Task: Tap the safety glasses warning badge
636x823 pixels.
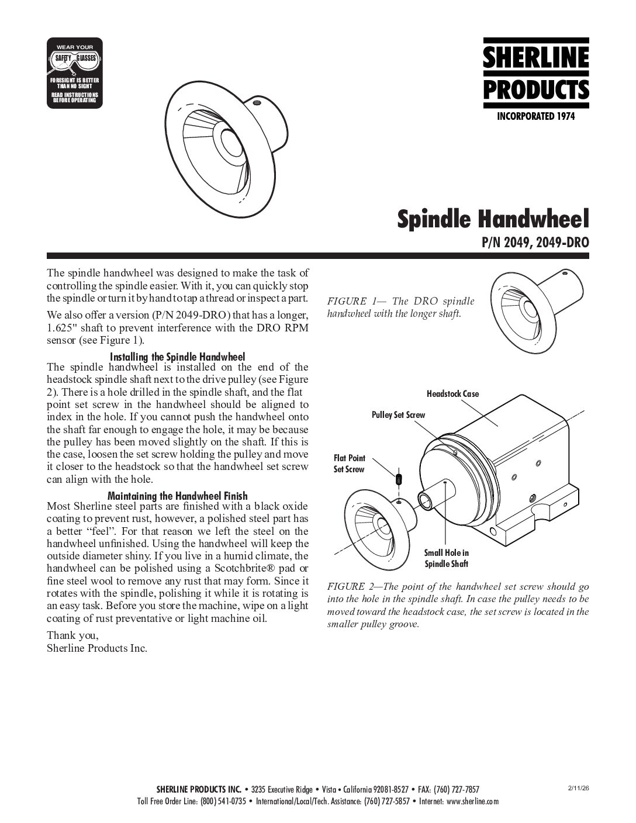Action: point(75,73)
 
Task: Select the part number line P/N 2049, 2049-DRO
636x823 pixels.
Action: point(534,242)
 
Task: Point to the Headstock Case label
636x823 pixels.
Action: point(452,394)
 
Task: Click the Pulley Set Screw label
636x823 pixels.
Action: point(398,415)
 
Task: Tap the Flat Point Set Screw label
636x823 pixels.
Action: point(349,464)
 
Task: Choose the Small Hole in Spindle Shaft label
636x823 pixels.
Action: point(446,558)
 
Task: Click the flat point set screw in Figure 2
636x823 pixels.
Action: point(399,479)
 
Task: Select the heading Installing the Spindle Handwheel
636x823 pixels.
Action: point(177,357)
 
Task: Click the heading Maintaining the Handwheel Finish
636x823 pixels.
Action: point(178,495)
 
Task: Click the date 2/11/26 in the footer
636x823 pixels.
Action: point(578,788)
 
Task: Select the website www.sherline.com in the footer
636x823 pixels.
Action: point(472,801)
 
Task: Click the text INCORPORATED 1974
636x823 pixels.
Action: point(535,117)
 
